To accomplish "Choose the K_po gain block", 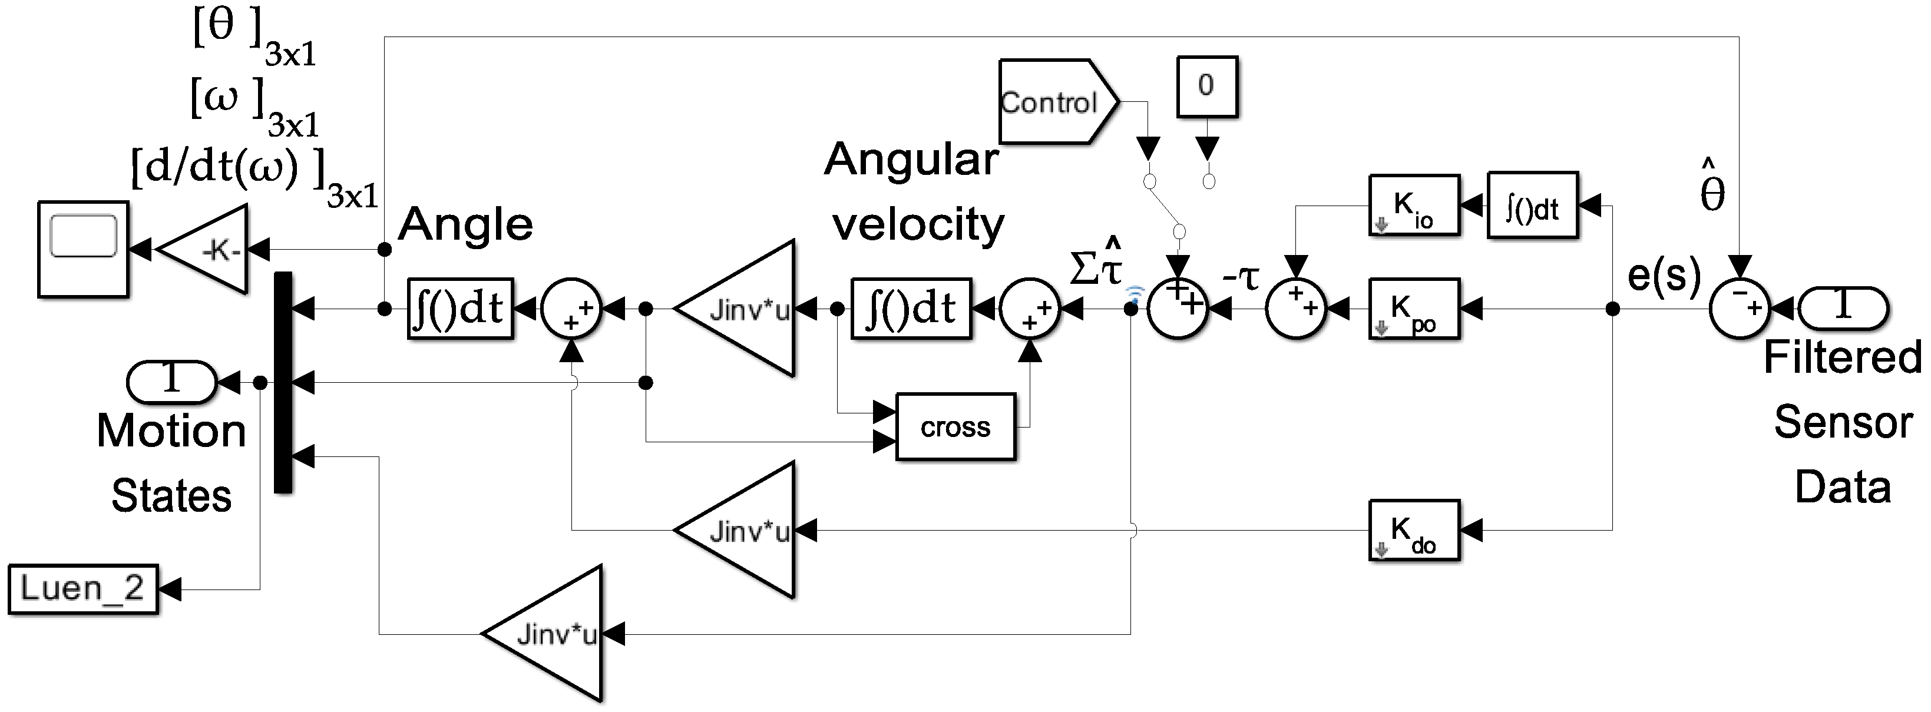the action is [1414, 309].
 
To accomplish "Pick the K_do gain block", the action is [1414, 530].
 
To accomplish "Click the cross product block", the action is [955, 426].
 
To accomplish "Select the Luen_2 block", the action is [83, 589].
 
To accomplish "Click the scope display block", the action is [83, 249].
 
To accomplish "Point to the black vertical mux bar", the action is [283, 382].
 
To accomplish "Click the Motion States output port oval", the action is [171, 382].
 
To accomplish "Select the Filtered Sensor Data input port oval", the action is [1843, 309].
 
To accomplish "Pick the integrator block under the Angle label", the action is [460, 309].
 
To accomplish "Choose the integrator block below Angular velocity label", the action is [911, 309].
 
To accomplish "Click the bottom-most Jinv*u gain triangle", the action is [541, 634].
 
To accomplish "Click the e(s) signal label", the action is [1664, 275].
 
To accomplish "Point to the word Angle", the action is [465, 224].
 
